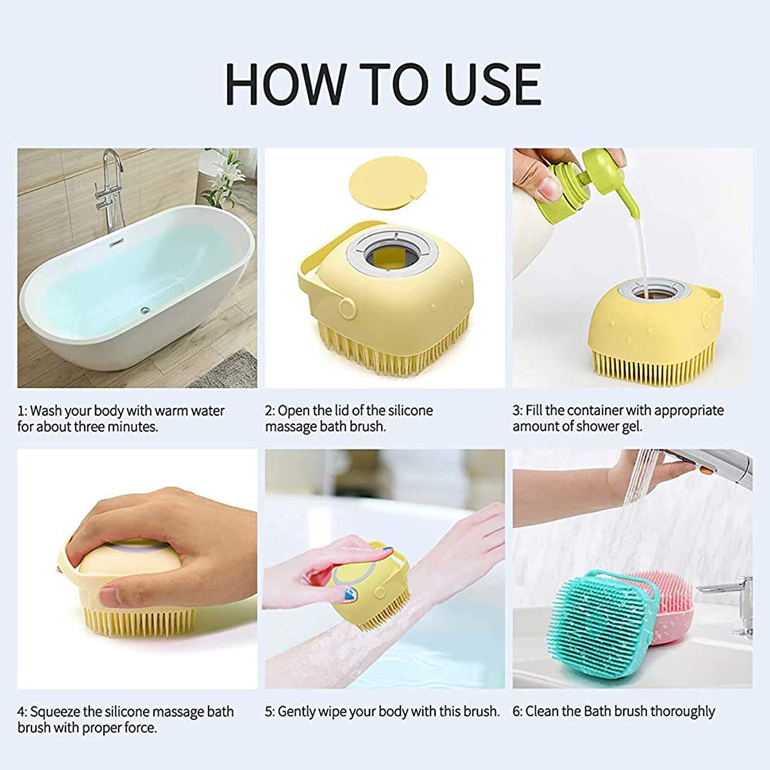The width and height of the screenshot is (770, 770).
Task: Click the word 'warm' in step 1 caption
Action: [x=169, y=411]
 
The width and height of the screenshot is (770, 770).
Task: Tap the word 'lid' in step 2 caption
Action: [x=343, y=411]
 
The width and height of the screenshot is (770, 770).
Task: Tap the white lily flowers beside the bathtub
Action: [x=228, y=175]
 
